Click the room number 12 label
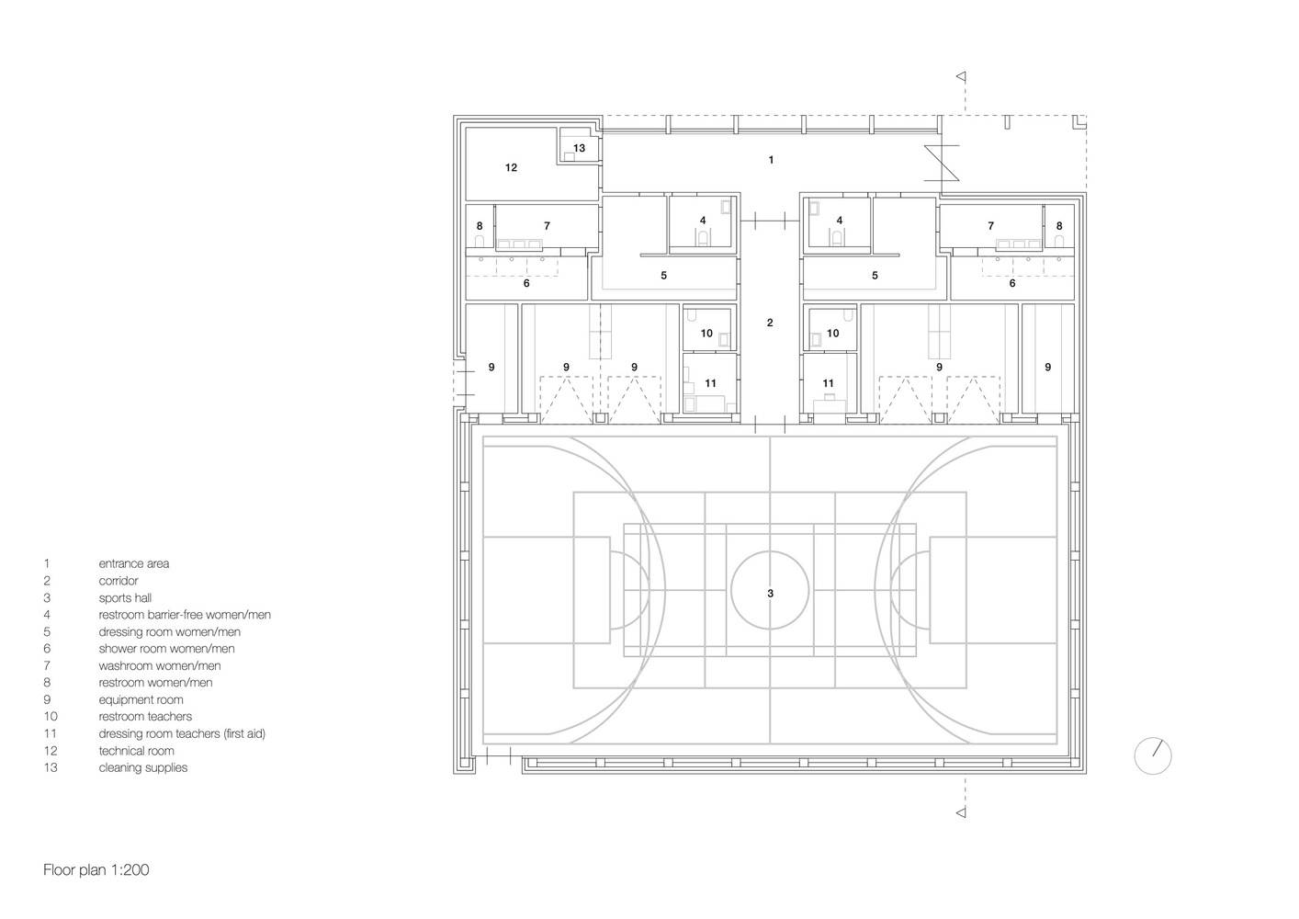tap(511, 168)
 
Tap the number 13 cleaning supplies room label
tap(579, 148)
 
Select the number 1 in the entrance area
tap(771, 161)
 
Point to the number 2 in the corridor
tap(770, 323)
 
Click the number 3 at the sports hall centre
tap(770, 594)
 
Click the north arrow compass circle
tap(1153, 756)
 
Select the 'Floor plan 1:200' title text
tap(96, 869)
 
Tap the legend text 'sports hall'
tap(125, 598)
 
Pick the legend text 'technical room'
tap(136, 751)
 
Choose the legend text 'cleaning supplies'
tap(142, 767)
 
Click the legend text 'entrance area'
tap(133, 564)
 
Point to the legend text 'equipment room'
tap(141, 700)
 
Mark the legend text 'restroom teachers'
tap(145, 717)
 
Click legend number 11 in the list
tap(50, 733)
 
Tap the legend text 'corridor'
tap(119, 581)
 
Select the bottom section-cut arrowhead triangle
tap(961, 811)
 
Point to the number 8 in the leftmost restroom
tap(480, 226)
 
